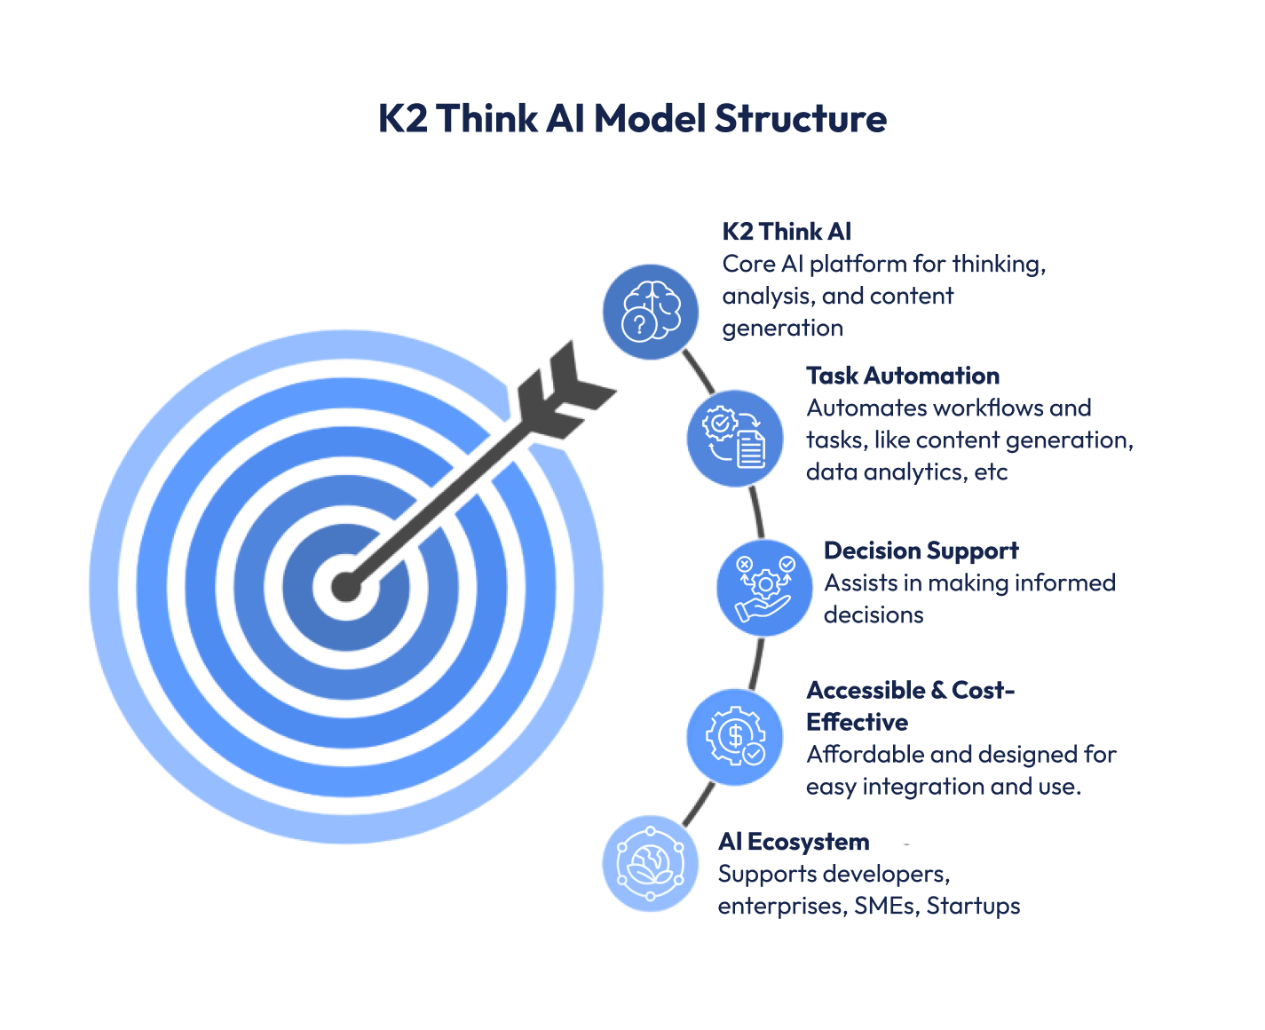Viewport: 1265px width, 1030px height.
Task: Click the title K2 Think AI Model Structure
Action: (632, 119)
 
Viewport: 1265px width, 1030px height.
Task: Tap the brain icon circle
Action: (651, 313)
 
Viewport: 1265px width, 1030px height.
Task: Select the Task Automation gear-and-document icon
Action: (735, 439)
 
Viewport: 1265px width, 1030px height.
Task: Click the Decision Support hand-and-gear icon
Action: (764, 588)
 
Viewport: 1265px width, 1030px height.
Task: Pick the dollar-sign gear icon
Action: (735, 737)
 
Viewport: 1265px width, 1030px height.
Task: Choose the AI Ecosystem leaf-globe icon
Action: (651, 864)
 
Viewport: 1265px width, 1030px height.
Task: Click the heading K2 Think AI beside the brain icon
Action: (787, 232)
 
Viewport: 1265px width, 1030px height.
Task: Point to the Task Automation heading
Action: (903, 376)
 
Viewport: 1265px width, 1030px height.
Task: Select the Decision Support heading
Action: (921, 551)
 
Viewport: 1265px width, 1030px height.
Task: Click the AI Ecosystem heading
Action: (794, 842)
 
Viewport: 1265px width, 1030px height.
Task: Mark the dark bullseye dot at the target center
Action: (345, 587)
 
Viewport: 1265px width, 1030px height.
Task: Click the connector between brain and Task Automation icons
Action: (699, 370)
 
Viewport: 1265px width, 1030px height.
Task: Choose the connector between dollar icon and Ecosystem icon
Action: (699, 804)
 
